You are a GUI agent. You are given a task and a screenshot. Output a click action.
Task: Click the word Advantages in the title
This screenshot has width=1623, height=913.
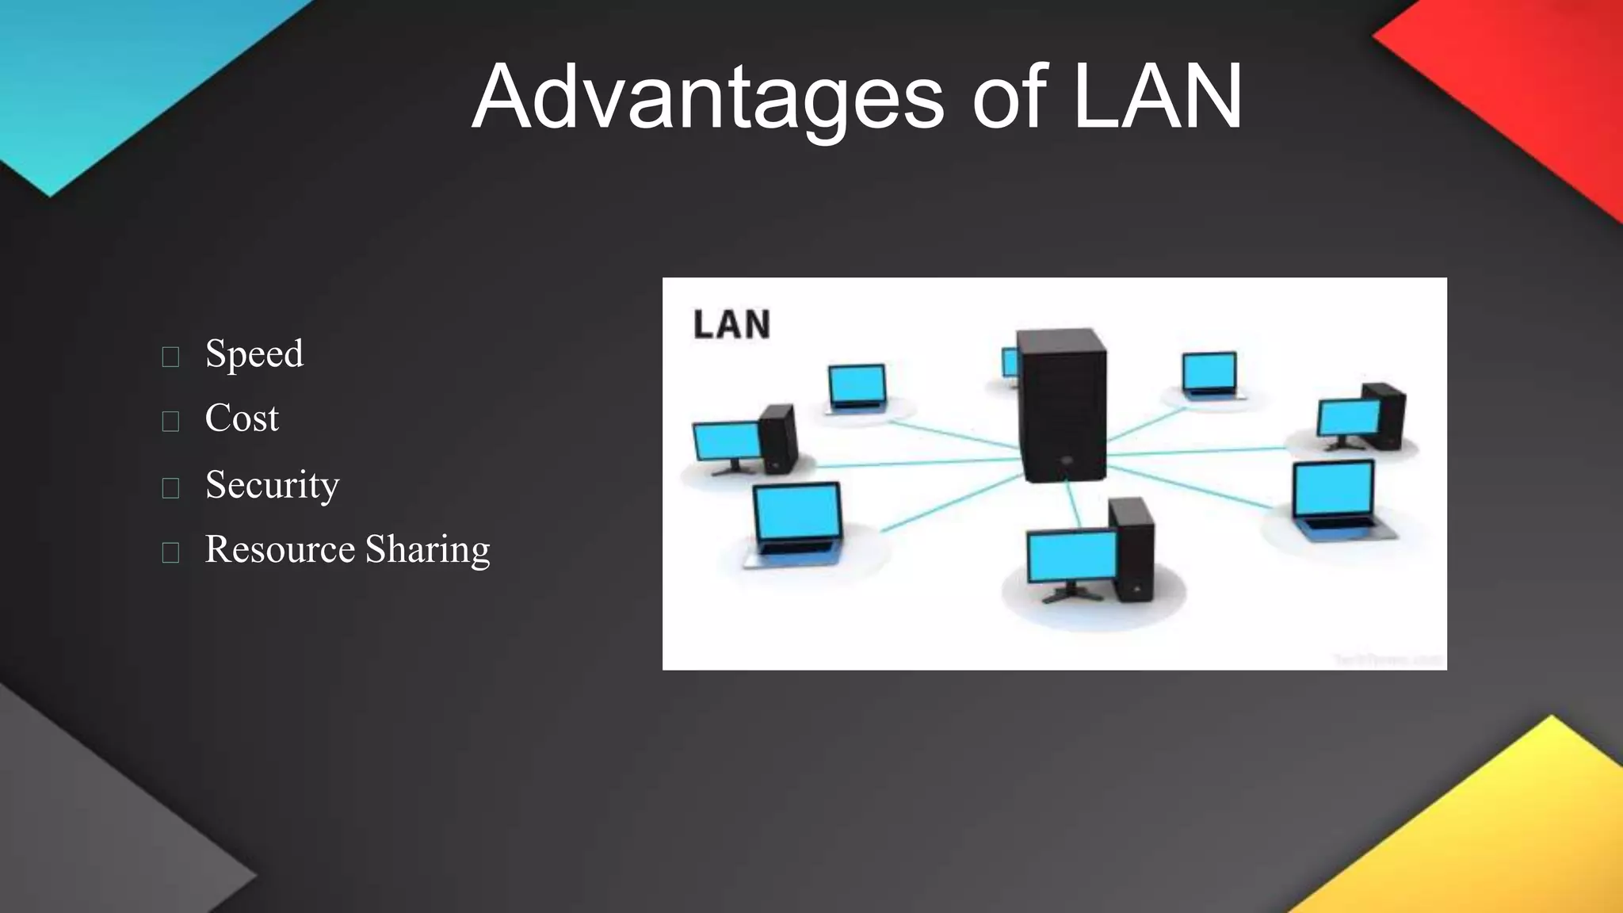(x=708, y=97)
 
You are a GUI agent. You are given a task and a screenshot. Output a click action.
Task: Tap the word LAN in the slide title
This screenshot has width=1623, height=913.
(x=1157, y=97)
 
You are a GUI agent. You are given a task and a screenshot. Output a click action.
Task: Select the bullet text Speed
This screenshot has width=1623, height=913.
(x=254, y=353)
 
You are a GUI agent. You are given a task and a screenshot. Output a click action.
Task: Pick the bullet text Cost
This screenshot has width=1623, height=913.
(x=242, y=418)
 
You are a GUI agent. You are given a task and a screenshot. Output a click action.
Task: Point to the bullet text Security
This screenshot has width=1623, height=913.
(x=272, y=484)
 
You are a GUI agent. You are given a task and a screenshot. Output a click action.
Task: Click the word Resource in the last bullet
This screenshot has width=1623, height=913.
(x=280, y=548)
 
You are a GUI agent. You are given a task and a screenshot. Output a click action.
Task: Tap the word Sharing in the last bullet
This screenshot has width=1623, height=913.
(x=427, y=548)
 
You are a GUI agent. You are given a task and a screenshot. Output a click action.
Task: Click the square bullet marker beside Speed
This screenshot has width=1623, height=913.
(x=170, y=357)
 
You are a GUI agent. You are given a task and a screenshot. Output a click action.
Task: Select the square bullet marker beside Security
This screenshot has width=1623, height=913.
(x=170, y=487)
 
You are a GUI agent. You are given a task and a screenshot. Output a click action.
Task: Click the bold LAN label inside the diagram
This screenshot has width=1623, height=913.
(x=731, y=325)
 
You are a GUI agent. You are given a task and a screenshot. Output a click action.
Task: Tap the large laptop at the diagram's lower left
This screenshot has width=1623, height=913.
(x=796, y=523)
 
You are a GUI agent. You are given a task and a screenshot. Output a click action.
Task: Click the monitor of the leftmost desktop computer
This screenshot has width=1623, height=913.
(x=726, y=442)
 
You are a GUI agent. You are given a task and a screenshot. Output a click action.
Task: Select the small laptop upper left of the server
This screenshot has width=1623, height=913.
(x=857, y=388)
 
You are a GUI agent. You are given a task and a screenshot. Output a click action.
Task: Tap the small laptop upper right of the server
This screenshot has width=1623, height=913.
(x=1209, y=373)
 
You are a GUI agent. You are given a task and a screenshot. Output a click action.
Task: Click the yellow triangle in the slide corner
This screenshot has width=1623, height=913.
(x=1506, y=840)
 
